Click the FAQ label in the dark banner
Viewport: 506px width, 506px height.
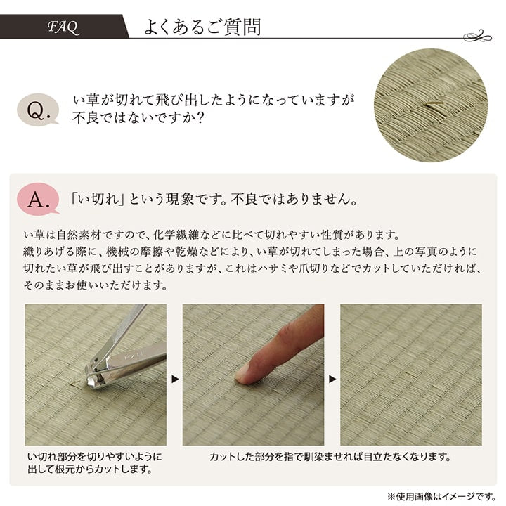point(63,28)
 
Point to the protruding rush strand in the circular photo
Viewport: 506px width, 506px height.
point(432,105)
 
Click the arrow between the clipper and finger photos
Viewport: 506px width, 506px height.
point(174,379)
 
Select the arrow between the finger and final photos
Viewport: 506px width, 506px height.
point(332,379)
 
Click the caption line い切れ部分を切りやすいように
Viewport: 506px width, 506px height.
point(94,457)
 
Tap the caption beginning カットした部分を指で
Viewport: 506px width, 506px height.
point(330,457)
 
